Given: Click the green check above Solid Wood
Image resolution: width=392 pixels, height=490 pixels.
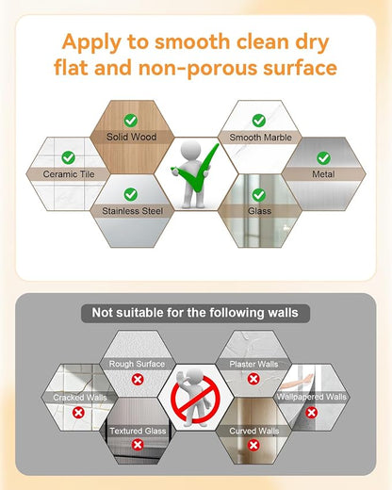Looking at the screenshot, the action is coord(131,121).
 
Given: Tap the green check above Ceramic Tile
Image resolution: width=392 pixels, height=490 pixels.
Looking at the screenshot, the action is coord(68,157).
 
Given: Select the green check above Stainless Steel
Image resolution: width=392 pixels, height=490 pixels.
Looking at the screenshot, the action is coord(131,194).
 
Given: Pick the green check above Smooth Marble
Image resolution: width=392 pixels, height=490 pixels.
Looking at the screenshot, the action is coord(259,121).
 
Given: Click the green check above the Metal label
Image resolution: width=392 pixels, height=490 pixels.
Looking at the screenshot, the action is coord(323,158).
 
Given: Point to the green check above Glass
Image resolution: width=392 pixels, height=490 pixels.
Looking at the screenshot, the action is coord(259,195).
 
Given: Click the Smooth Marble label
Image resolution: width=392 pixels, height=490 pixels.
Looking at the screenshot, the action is coord(260,138).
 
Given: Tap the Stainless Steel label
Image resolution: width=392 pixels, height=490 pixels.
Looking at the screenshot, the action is coord(132,211).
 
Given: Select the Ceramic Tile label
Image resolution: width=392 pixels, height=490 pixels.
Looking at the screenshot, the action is coord(69,174).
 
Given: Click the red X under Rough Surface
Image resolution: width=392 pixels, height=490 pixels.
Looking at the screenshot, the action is coord(138,380).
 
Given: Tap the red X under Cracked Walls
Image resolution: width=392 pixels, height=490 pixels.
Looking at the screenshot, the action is coord(78,413).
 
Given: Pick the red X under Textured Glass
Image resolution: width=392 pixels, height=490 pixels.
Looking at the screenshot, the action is coord(138,445).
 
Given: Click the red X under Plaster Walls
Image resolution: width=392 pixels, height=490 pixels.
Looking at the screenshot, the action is coord(253,379).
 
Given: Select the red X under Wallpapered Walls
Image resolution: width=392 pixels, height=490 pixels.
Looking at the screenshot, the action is coord(311,413).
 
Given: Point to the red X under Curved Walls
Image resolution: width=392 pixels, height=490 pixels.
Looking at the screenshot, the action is coord(253,445).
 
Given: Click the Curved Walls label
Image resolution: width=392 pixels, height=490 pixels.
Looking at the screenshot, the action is coord(254,431).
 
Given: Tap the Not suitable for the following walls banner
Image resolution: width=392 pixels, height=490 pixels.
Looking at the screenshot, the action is coord(195,313).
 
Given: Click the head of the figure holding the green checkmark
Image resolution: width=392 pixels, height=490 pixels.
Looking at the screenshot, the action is coord(190,150).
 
